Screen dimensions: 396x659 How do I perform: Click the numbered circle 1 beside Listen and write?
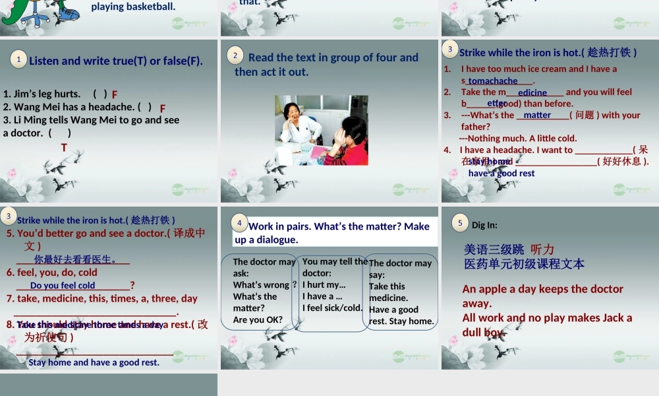click(19, 60)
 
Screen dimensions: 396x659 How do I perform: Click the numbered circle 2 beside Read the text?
click(235, 55)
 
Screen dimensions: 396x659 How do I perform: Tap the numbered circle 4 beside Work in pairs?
click(240, 223)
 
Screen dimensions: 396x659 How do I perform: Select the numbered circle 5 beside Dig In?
click(461, 223)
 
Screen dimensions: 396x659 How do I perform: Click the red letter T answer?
click(64, 148)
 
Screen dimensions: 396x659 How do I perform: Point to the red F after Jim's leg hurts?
click(115, 95)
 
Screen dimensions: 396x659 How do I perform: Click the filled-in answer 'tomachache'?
click(493, 81)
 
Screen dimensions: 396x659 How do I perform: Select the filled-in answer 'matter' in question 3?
click(537, 115)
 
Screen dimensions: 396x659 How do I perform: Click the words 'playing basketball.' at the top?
click(133, 7)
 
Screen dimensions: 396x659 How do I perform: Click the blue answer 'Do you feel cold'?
click(63, 286)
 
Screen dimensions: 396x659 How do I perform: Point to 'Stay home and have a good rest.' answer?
click(94, 362)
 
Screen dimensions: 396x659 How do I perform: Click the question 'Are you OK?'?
click(258, 320)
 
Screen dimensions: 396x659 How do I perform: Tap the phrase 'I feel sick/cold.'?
click(332, 308)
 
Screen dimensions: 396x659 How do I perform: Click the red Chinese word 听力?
click(542, 249)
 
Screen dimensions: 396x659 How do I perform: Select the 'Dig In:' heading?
click(484, 225)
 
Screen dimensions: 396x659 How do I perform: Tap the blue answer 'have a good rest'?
click(501, 174)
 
